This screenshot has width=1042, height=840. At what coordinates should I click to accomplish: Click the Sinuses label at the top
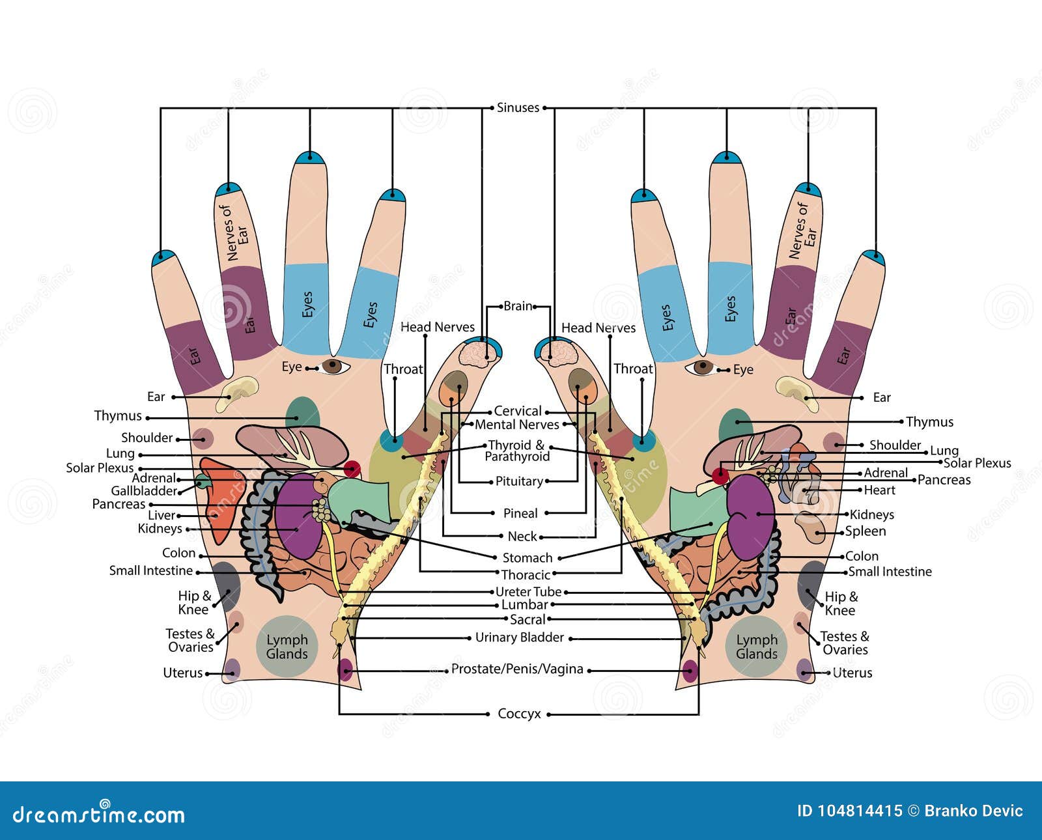tap(518, 107)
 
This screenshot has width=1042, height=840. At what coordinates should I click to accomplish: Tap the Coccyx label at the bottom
tap(519, 714)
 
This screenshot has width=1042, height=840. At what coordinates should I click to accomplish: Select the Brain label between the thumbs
tap(518, 306)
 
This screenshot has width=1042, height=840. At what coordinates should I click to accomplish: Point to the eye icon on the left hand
tap(333, 367)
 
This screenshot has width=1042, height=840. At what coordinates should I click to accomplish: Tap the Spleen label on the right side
tap(865, 531)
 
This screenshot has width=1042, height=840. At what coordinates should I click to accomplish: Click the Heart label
tap(879, 490)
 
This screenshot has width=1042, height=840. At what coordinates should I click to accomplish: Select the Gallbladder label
tap(144, 491)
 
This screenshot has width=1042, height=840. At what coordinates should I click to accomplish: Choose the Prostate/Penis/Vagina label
tap(517, 669)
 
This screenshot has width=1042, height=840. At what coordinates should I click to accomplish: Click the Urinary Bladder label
tap(519, 637)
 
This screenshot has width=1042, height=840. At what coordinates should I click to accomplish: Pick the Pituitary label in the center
tap(519, 481)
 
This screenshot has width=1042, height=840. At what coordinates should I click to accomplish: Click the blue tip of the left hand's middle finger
tap(310, 158)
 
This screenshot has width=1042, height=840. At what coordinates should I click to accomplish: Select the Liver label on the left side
tap(161, 515)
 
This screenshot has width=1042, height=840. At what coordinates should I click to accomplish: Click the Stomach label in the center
tap(527, 558)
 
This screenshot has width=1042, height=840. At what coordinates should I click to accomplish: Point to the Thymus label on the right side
tap(929, 422)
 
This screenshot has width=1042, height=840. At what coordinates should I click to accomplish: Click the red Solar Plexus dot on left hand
tap(352, 468)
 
